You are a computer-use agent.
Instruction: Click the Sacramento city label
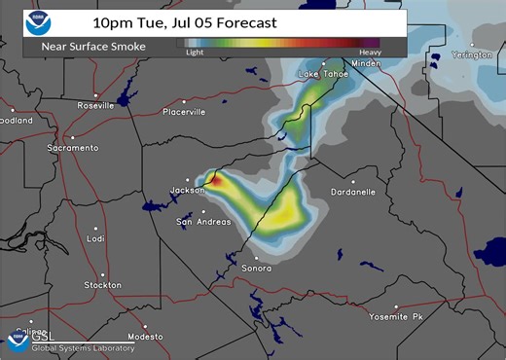click(x=72, y=148)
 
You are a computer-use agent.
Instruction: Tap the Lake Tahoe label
click(x=322, y=74)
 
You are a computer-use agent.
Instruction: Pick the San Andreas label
click(x=203, y=222)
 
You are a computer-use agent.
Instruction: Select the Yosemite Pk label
click(x=396, y=317)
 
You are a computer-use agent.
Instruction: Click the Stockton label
click(x=102, y=285)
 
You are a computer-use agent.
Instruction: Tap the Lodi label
click(x=94, y=238)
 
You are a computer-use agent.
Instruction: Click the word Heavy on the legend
click(x=370, y=53)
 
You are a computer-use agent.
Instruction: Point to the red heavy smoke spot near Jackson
click(x=218, y=180)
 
